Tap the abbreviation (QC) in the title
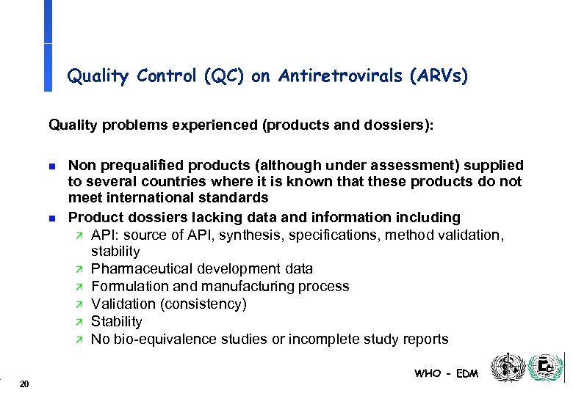coord(225,76)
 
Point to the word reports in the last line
coord(424,339)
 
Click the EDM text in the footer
coord(467,374)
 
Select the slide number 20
coord(25,384)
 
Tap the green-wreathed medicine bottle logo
coord(546,366)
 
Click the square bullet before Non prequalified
coord(52,166)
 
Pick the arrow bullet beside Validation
coord(81,304)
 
